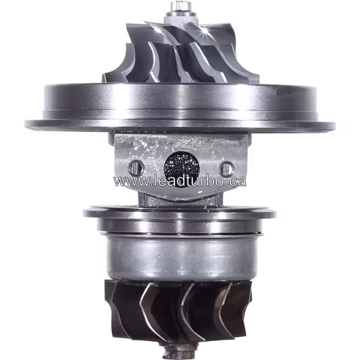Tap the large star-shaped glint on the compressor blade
204,31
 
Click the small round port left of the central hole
136,168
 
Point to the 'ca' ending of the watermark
239,181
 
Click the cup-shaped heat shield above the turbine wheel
179,257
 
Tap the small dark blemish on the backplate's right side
283,92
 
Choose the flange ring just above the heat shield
179,213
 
